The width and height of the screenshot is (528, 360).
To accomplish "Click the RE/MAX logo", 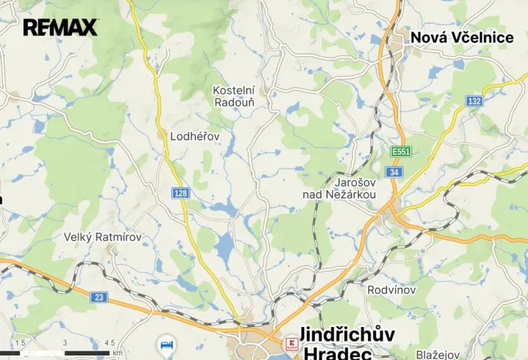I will (60, 28).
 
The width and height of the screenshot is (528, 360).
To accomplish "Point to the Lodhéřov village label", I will (194, 136).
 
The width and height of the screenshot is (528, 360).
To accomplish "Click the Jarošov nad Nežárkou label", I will (339, 188).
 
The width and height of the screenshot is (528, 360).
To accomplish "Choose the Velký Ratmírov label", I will (102, 237).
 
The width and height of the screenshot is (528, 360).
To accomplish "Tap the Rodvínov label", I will (392, 290).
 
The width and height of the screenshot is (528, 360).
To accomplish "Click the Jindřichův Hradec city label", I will (346, 343).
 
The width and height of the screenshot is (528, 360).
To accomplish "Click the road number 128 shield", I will (181, 193).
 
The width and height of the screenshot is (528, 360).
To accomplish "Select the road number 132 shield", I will (474, 102).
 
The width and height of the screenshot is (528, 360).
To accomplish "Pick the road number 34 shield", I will (394, 172).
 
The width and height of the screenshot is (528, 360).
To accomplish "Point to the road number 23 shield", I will (98, 296).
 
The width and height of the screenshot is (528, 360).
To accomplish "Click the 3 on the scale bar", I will (65, 343).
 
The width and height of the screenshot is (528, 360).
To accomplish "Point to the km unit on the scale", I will (118, 353).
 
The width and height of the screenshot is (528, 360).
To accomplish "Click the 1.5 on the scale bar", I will (20, 343).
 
